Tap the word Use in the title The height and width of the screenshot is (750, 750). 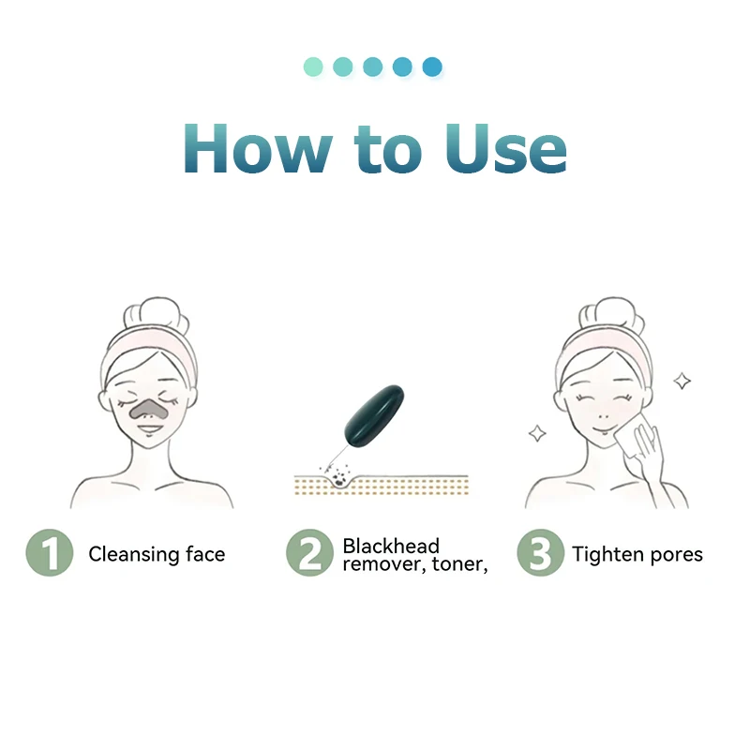(506, 147)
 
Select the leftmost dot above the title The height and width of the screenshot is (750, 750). (313, 67)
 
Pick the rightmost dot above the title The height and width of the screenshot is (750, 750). (431, 67)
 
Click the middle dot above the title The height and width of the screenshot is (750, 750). (372, 67)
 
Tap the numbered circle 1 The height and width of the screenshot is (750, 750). (49, 553)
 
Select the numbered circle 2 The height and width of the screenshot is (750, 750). (309, 553)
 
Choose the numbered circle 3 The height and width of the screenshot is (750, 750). (540, 553)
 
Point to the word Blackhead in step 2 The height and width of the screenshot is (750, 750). (391, 546)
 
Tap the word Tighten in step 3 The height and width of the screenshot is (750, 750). (607, 554)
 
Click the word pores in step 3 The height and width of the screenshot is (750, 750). (675, 555)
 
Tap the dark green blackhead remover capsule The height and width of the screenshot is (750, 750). (375, 397)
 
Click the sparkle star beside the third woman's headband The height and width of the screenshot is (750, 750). (682, 381)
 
